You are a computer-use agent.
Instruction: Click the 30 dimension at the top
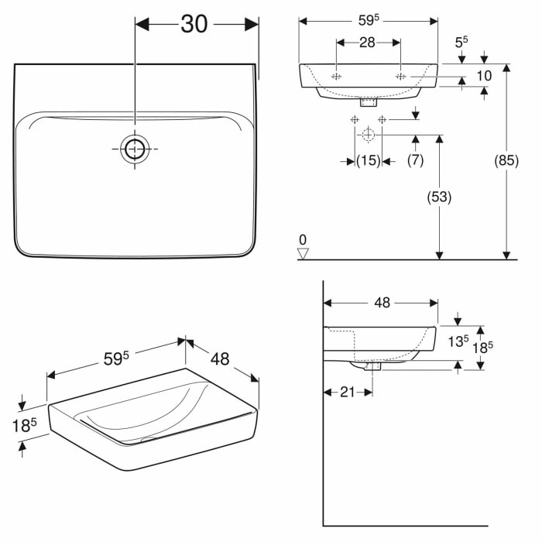[194, 24]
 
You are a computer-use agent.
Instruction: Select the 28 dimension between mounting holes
[367, 43]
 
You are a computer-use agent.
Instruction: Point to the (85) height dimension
[506, 162]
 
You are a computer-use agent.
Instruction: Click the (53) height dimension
[438, 197]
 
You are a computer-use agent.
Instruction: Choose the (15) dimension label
[367, 160]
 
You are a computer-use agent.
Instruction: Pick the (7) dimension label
[416, 160]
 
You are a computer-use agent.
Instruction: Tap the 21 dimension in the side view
[347, 392]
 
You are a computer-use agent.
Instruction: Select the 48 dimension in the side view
[382, 303]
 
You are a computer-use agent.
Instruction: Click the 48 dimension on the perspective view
[221, 359]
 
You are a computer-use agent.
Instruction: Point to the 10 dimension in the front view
[485, 75]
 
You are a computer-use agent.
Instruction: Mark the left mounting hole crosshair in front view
[337, 77]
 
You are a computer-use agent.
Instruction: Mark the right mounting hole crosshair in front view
[400, 77]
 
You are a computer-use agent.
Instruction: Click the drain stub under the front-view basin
[369, 101]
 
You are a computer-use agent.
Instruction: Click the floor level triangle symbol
[304, 252]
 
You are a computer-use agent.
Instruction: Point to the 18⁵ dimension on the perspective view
[23, 425]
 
